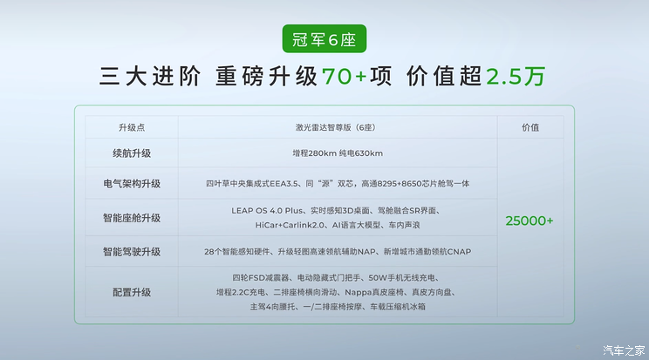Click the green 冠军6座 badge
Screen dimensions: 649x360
[324, 39]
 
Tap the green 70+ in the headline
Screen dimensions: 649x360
[344, 77]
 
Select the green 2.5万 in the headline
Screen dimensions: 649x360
[516, 77]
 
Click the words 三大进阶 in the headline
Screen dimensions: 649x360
[150, 77]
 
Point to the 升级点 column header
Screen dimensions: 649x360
[132, 127]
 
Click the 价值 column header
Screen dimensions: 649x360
[530, 127]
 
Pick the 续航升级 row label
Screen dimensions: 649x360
[132, 153]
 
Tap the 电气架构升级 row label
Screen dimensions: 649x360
[132, 184]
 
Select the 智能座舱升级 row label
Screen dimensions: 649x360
[132, 218]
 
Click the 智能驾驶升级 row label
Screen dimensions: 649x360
[132, 252]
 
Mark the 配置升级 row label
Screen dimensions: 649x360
[132, 293]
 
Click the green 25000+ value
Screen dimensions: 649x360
[529, 221]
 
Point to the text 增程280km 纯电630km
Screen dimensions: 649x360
[338, 153]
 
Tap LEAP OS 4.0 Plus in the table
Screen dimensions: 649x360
[267, 211]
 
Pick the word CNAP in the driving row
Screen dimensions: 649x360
[459, 252]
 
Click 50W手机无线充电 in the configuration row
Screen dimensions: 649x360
[401, 278]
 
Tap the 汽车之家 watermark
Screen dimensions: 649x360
[624, 350]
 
